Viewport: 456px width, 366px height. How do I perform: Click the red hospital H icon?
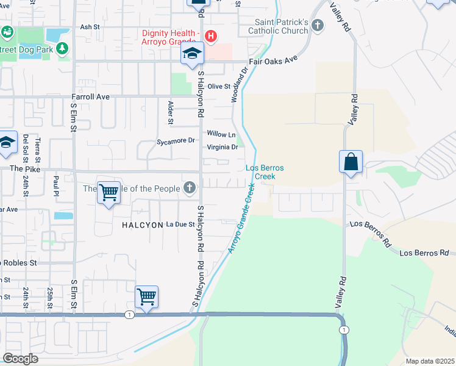click(x=211, y=37)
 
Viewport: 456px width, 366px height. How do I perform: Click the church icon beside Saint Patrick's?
click(x=316, y=26)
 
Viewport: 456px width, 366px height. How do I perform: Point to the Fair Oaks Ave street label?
click(x=273, y=62)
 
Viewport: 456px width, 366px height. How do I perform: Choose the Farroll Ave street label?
click(x=90, y=96)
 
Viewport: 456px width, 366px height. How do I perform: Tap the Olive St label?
click(x=219, y=87)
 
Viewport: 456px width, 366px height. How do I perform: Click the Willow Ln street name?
click(x=221, y=134)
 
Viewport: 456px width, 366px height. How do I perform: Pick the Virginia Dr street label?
click(x=222, y=147)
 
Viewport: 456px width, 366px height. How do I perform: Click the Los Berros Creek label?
click(x=265, y=172)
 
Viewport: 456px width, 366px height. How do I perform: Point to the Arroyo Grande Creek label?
click(x=241, y=217)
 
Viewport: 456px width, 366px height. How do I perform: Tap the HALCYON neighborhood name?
click(x=139, y=224)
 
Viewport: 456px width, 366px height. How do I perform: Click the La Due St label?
click(x=180, y=224)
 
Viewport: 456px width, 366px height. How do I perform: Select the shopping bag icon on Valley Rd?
click(x=351, y=162)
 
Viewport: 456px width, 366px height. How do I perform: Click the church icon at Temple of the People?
click(x=190, y=188)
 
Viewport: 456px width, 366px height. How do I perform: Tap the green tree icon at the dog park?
click(x=62, y=48)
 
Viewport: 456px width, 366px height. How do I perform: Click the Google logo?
click(x=20, y=359)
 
